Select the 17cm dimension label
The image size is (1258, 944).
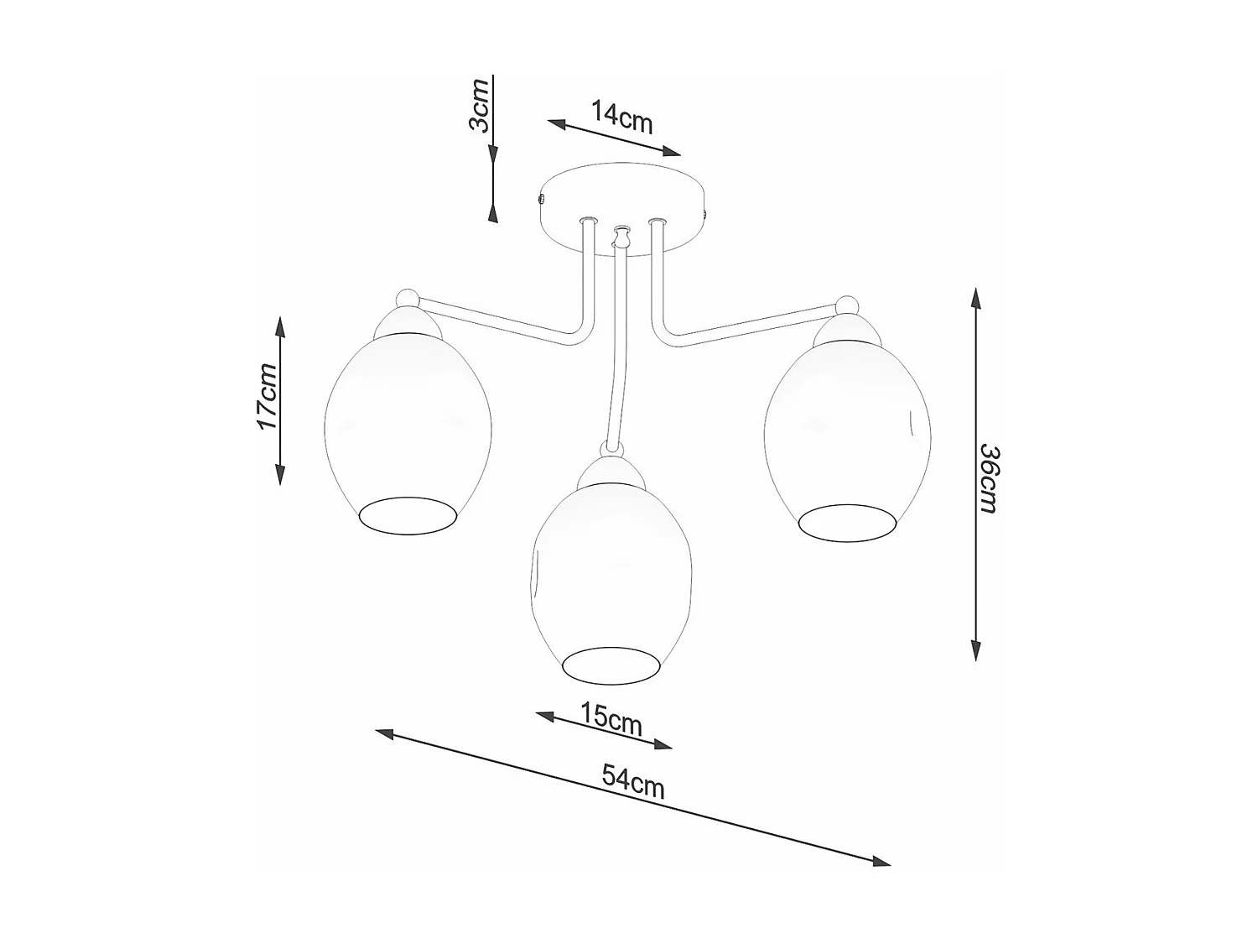click(267, 397)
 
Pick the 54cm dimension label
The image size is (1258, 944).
click(633, 782)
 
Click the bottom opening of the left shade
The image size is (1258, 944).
click(409, 516)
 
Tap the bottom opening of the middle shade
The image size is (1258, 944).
click(611, 664)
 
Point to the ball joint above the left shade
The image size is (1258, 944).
click(406, 297)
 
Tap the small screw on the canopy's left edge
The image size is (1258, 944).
click(540, 200)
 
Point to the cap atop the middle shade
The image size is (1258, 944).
click(611, 474)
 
